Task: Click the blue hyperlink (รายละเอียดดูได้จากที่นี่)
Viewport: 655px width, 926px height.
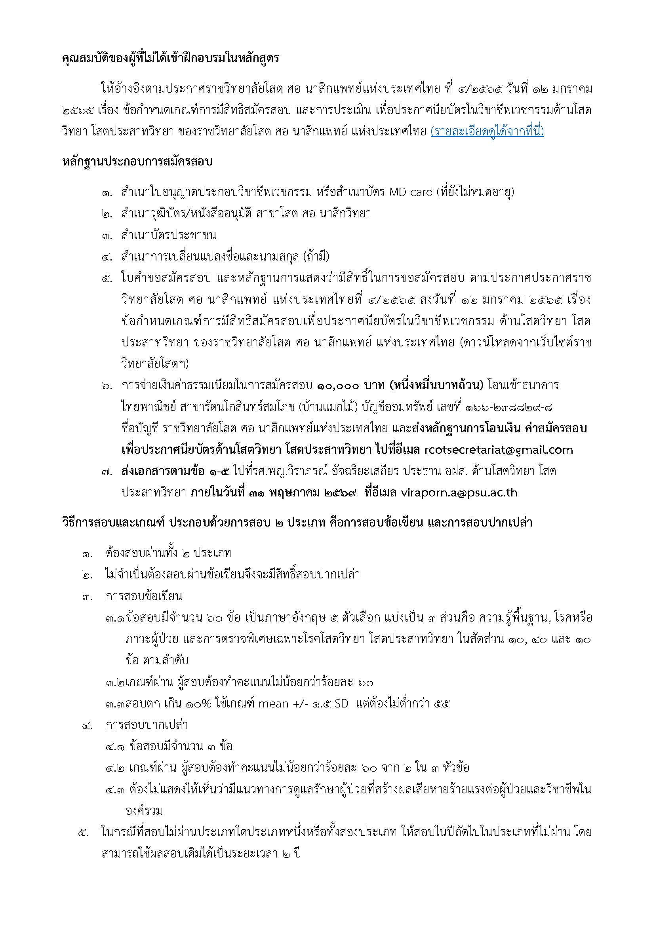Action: point(487,132)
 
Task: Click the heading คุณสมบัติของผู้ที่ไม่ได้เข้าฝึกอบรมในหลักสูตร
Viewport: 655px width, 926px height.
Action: point(171,59)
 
